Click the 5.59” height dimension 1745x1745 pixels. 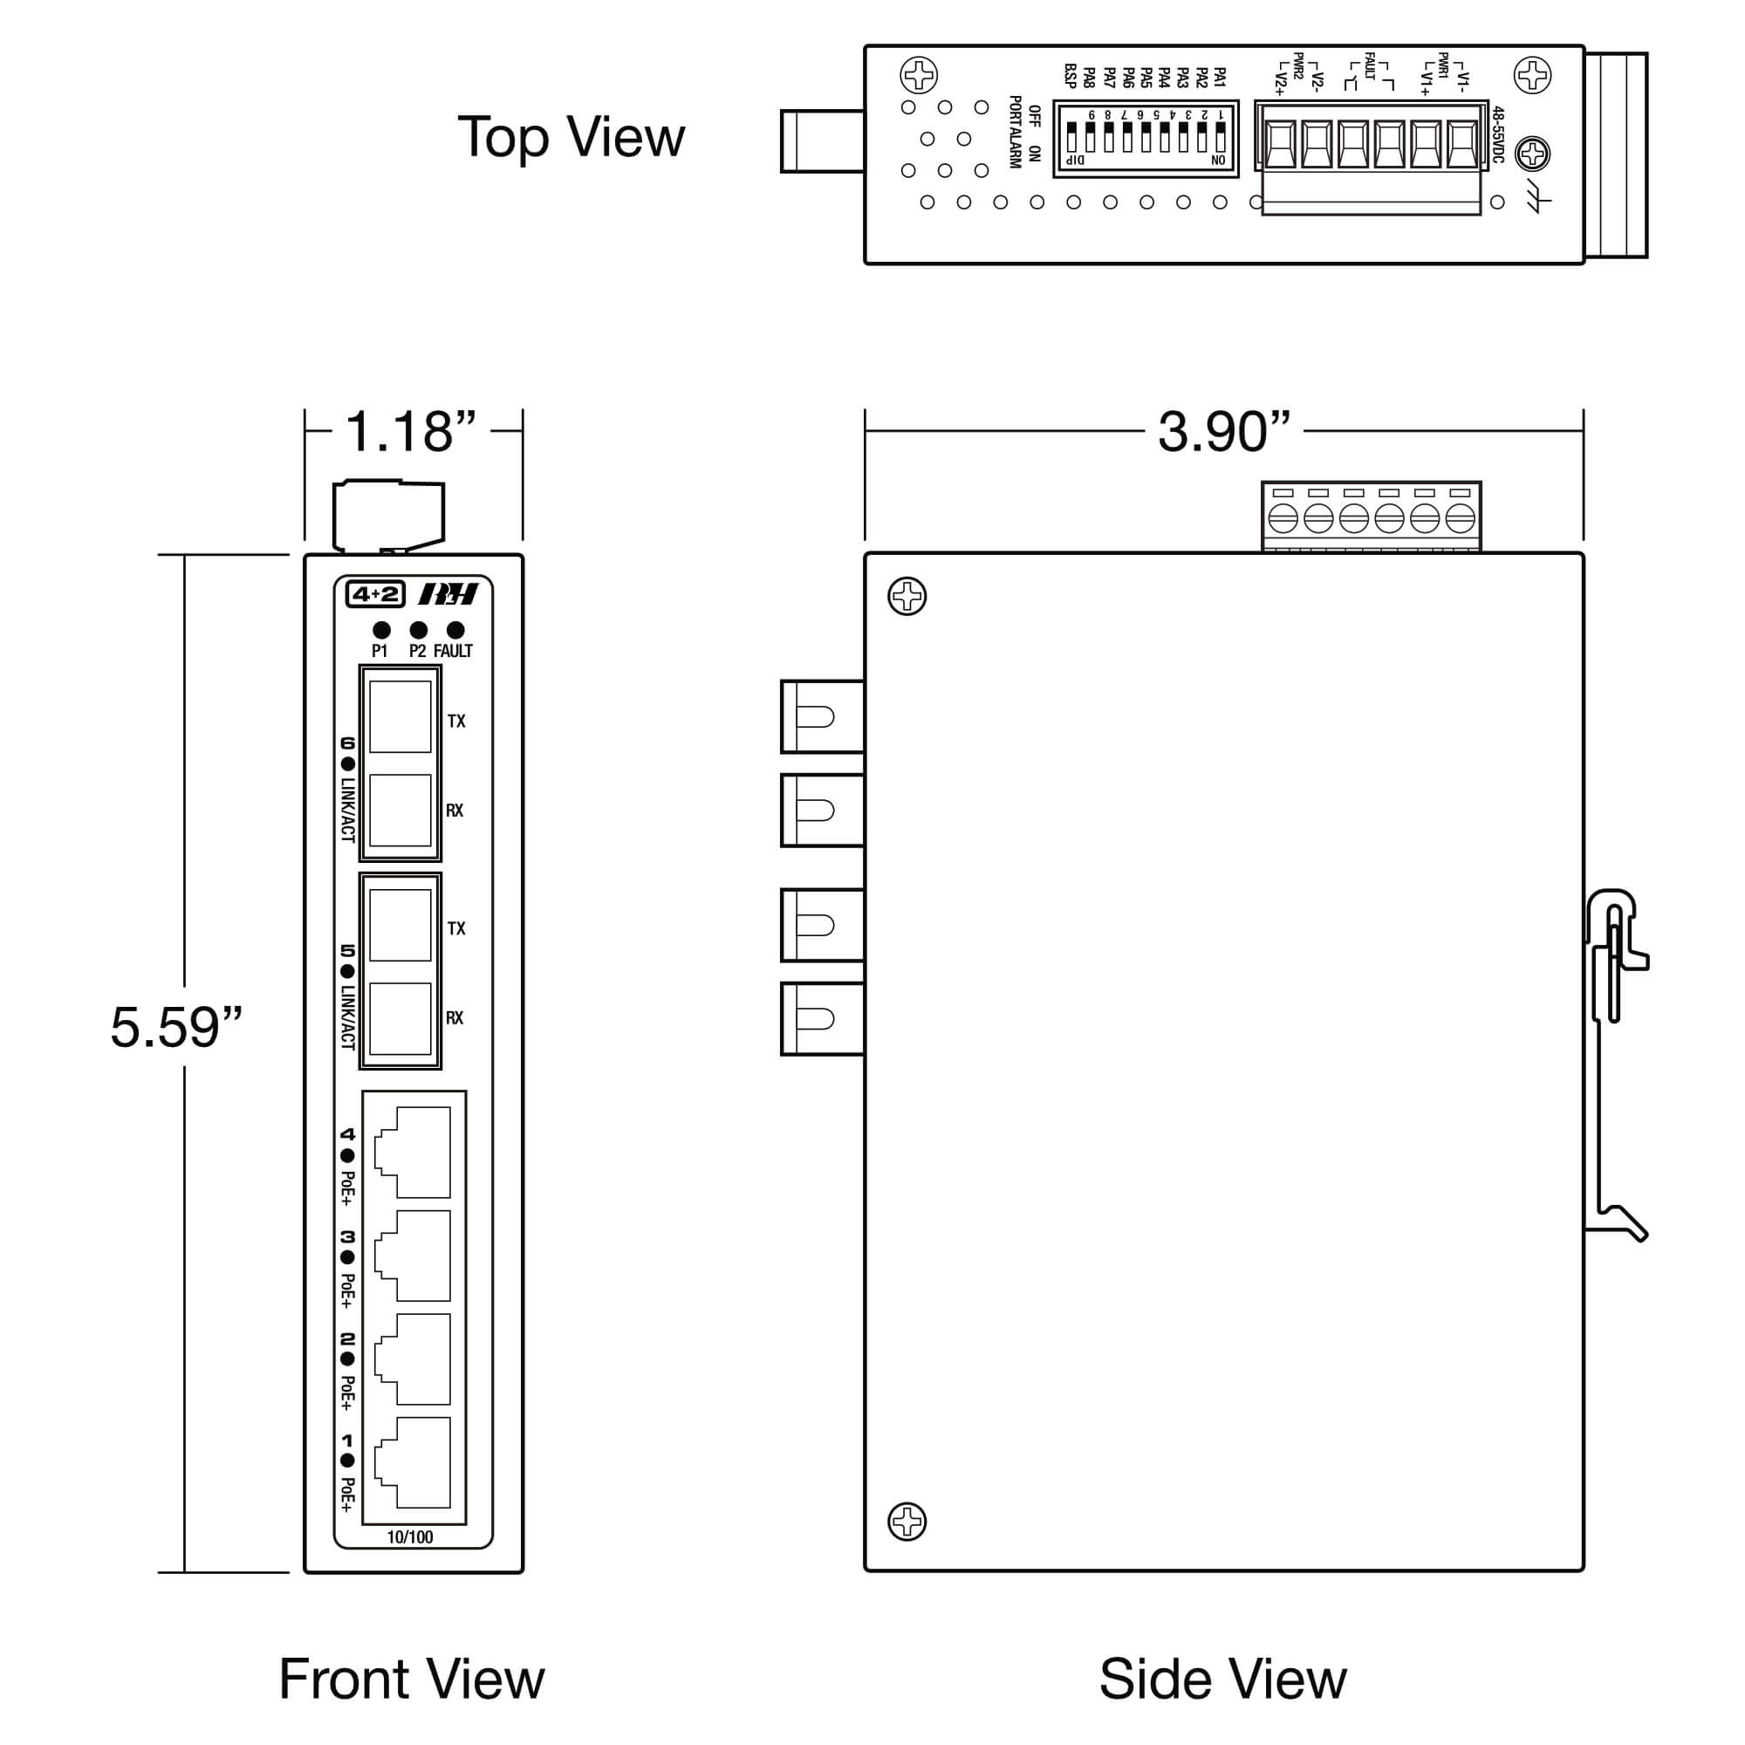(x=176, y=1028)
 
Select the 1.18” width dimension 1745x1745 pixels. (x=411, y=432)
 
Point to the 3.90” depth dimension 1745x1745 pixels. (x=1224, y=432)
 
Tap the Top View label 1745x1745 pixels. (x=571, y=137)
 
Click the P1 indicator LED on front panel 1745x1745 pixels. (x=381, y=631)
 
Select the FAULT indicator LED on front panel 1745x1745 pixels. (x=455, y=631)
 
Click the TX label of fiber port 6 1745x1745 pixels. (x=456, y=722)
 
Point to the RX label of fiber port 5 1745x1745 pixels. (x=455, y=1018)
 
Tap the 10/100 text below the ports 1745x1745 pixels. (x=410, y=1537)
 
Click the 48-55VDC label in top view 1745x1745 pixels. (x=1497, y=134)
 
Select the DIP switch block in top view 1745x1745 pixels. (x=1146, y=138)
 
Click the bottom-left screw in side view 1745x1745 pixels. (x=907, y=1522)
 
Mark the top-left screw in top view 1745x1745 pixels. (x=920, y=75)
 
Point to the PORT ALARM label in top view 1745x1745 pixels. (x=1016, y=132)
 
